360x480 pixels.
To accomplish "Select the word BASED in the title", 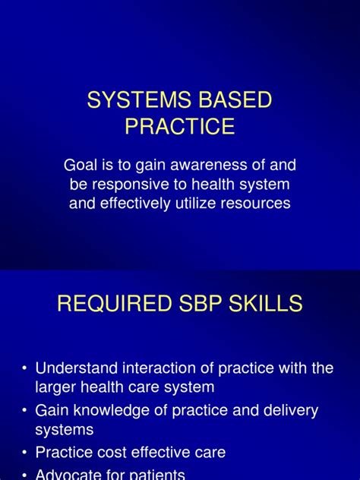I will [x=238, y=100].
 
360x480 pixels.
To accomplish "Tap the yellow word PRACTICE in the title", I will [x=180, y=126].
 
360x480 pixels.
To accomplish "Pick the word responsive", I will [x=128, y=184].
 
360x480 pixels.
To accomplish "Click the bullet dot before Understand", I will [x=25, y=369].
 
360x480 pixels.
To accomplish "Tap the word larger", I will [x=57, y=387].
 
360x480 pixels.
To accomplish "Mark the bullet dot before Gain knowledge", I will [x=25, y=411].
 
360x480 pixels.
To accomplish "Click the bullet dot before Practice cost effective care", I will [x=25, y=453].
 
